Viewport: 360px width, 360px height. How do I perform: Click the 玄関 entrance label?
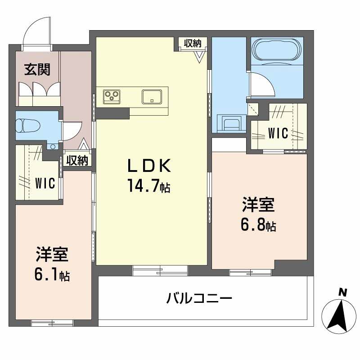coord(37,70)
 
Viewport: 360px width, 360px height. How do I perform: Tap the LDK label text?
coord(149,166)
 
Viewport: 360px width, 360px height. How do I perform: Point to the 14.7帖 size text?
coord(149,186)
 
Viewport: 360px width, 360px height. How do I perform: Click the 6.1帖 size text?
coord(52,274)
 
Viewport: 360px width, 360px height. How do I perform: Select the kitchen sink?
coord(152,96)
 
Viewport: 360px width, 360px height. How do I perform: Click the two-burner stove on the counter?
coord(112,95)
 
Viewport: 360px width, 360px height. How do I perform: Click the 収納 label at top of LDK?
coord(192,43)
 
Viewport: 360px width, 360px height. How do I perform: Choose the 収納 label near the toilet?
coord(77,160)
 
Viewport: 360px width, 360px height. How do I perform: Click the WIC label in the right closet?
coord(278,133)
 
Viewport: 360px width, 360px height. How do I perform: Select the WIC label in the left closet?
coord(45,183)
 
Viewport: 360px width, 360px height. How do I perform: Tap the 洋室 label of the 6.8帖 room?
coord(258,206)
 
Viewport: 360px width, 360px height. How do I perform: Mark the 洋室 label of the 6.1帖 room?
coord(52,255)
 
